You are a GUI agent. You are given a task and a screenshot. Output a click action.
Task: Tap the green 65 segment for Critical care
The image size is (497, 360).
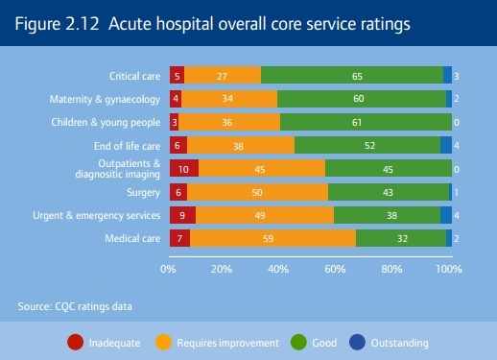pyautogui.click(x=352, y=75)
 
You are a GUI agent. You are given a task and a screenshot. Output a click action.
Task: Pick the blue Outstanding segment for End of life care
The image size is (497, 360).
pyautogui.click(x=446, y=145)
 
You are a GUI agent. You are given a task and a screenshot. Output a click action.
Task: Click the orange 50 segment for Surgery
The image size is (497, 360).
pyautogui.click(x=257, y=192)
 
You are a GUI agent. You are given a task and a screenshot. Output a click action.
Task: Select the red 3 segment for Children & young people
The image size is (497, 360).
pyautogui.click(x=174, y=122)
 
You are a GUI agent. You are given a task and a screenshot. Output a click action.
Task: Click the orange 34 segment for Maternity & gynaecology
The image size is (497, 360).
pyautogui.click(x=228, y=99)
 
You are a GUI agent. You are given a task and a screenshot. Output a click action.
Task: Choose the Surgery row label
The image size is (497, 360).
pyautogui.click(x=143, y=192)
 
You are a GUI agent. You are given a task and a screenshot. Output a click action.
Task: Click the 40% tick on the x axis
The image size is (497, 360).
pyautogui.click(x=279, y=269)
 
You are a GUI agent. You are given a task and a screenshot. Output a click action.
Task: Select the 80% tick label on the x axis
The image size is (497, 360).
pyautogui.click(x=391, y=269)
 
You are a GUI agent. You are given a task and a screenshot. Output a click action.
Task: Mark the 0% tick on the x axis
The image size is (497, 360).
pyautogui.click(x=168, y=269)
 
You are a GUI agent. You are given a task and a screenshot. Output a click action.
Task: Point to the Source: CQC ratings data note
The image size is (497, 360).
pyautogui.click(x=75, y=306)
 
